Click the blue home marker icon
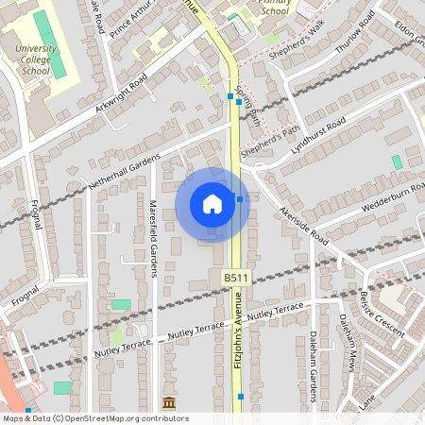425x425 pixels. point(212,204)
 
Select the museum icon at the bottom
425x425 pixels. point(169,404)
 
